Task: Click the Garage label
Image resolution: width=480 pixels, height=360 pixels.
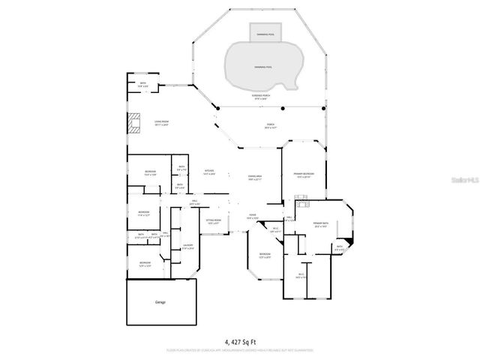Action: coord(160,302)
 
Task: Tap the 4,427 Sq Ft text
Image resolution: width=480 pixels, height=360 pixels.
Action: coord(240,340)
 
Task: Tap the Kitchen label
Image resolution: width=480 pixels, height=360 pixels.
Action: coord(209,172)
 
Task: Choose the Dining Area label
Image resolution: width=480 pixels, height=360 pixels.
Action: coord(254,178)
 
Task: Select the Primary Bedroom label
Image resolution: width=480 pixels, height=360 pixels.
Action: coord(304,175)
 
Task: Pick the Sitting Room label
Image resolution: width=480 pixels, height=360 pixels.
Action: coord(213,221)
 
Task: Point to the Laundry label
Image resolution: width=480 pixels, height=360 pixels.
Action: coord(187,246)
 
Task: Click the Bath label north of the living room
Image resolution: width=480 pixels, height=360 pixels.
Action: coord(142,85)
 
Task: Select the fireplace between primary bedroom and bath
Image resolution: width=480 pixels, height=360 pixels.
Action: coord(303,201)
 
